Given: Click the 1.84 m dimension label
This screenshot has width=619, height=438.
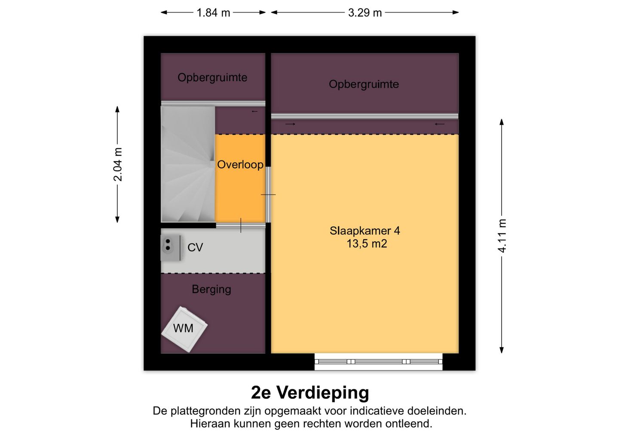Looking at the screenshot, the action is click(x=213, y=13).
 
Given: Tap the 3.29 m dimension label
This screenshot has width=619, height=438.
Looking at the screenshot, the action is click(x=365, y=13).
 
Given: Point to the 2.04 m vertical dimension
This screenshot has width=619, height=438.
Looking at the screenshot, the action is click(x=118, y=164).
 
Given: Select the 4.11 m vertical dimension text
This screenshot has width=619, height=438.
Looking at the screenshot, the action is click(x=502, y=236).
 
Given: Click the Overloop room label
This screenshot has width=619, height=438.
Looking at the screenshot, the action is click(x=240, y=165).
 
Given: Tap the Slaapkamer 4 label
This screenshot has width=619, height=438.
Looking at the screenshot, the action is click(x=365, y=231).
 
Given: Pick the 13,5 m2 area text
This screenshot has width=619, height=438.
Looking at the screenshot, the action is click(x=367, y=244).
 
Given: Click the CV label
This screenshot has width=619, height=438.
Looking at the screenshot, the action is click(x=195, y=247).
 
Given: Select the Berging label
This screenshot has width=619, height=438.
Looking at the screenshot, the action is click(x=211, y=290).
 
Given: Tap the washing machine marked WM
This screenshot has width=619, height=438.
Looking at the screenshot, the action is click(x=184, y=329).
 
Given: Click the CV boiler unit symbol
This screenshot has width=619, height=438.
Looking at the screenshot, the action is click(x=171, y=248).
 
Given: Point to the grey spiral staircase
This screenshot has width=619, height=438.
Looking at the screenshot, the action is click(x=188, y=164).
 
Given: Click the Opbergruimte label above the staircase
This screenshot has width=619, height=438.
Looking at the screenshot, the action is click(x=212, y=78).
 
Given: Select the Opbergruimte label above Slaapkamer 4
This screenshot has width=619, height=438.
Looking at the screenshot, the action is click(x=364, y=84).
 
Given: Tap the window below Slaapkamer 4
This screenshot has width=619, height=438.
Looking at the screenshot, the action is click(x=378, y=361).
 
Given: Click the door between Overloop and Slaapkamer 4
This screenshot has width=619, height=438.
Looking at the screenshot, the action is click(x=268, y=194).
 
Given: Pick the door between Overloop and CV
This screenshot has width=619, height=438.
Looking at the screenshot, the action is click(x=240, y=225).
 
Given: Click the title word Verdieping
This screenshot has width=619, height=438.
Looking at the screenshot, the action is click(x=323, y=393).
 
